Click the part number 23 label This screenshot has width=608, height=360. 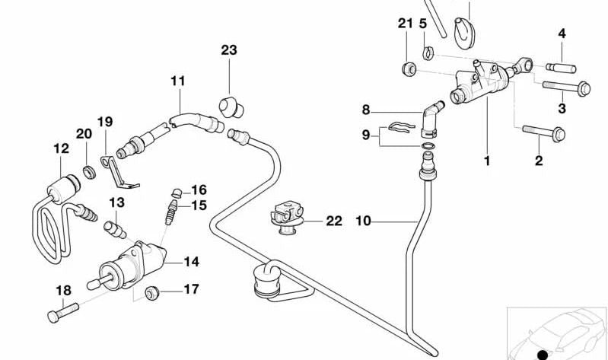(x=229, y=50)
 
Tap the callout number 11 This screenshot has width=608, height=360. (x=178, y=80)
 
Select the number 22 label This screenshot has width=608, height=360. (x=334, y=221)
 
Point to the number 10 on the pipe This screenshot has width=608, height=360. (x=363, y=221)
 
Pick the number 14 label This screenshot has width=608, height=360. (x=191, y=261)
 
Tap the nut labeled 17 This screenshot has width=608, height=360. (x=151, y=290)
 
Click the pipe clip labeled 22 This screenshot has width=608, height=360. (x=288, y=217)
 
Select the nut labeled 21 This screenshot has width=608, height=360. (x=408, y=71)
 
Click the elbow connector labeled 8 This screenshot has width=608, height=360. (x=431, y=114)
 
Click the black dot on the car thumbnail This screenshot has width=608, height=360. (x=542, y=352)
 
